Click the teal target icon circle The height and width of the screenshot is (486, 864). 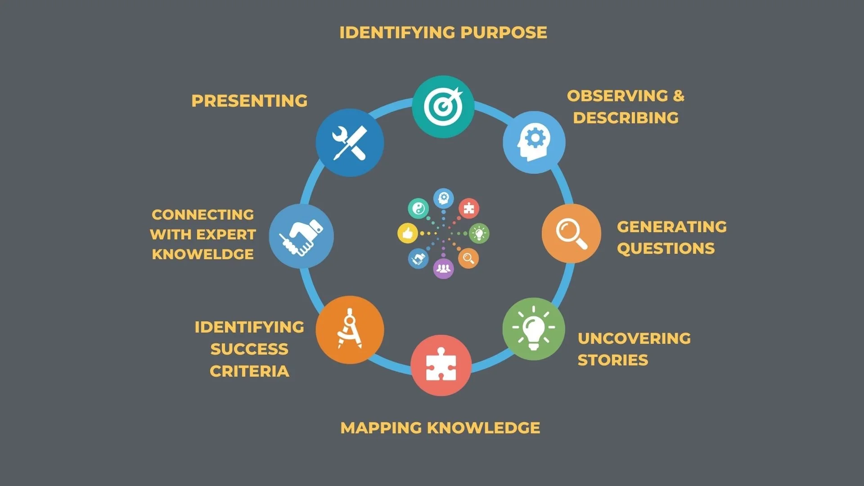[x=443, y=107]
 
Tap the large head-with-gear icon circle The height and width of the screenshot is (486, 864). [x=534, y=142]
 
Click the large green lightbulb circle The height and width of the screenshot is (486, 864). [x=534, y=329]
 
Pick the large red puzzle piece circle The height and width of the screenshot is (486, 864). [x=441, y=365]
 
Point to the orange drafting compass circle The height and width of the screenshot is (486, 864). [x=350, y=329]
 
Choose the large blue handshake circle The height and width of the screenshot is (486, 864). [x=301, y=236]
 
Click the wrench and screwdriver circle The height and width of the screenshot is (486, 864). [x=350, y=143]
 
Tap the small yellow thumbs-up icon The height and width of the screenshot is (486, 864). [x=408, y=233]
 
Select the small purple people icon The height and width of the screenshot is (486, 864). [x=443, y=269]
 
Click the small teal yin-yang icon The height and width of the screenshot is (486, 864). [x=418, y=208]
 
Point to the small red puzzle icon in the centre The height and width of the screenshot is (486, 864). [x=469, y=208]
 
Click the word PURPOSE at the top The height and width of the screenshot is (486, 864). [x=504, y=32]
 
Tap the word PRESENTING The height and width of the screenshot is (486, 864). [x=249, y=101]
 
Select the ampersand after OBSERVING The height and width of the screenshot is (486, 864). [x=679, y=96]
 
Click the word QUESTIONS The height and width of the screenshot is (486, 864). [x=666, y=248]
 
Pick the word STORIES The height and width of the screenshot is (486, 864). [x=613, y=360]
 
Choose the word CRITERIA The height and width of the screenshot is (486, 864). [x=249, y=371]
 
